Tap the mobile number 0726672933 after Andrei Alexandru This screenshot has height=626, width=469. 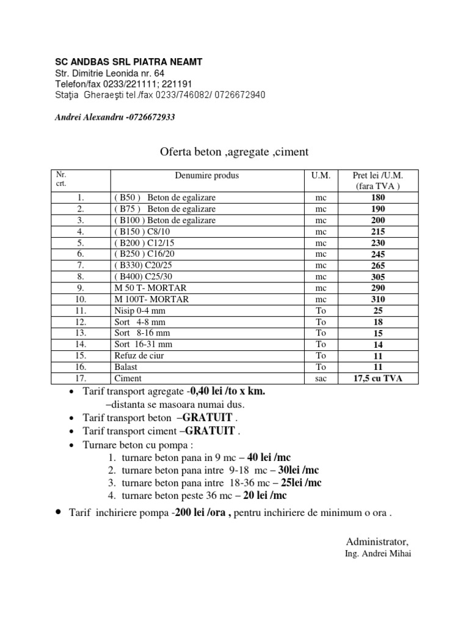[150, 117]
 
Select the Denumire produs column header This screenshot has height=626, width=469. [207, 175]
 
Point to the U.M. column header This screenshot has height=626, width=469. [321, 175]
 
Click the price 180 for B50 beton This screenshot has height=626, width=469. [378, 198]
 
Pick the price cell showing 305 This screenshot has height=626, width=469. [378, 277]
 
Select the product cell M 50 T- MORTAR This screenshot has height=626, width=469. [150, 288]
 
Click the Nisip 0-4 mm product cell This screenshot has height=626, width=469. [139, 311]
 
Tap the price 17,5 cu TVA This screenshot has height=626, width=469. [378, 378]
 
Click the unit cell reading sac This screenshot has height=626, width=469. [321, 378]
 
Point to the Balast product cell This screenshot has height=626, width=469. [126, 367]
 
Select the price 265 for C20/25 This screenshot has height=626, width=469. [378, 265]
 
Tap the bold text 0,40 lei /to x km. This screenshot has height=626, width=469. [228, 391]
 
